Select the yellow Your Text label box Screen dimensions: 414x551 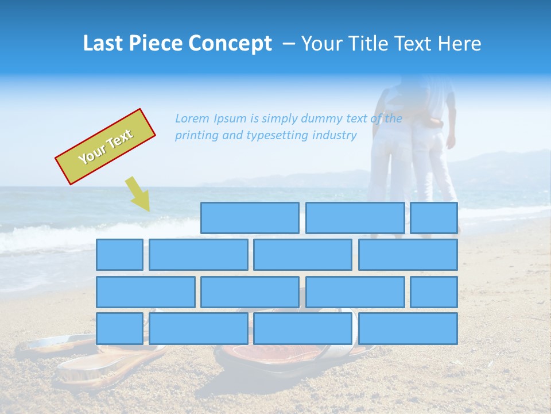(x=105, y=147)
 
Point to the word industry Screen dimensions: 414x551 (x=335, y=136)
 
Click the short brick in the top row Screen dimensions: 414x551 (x=434, y=218)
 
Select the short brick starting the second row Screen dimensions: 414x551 (x=119, y=255)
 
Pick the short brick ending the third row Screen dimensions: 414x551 (x=434, y=292)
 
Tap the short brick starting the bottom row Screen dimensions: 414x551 (x=119, y=328)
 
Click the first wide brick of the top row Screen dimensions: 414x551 (x=250, y=218)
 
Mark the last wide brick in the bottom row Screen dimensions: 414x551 (x=408, y=328)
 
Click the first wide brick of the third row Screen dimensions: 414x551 (x=146, y=292)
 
